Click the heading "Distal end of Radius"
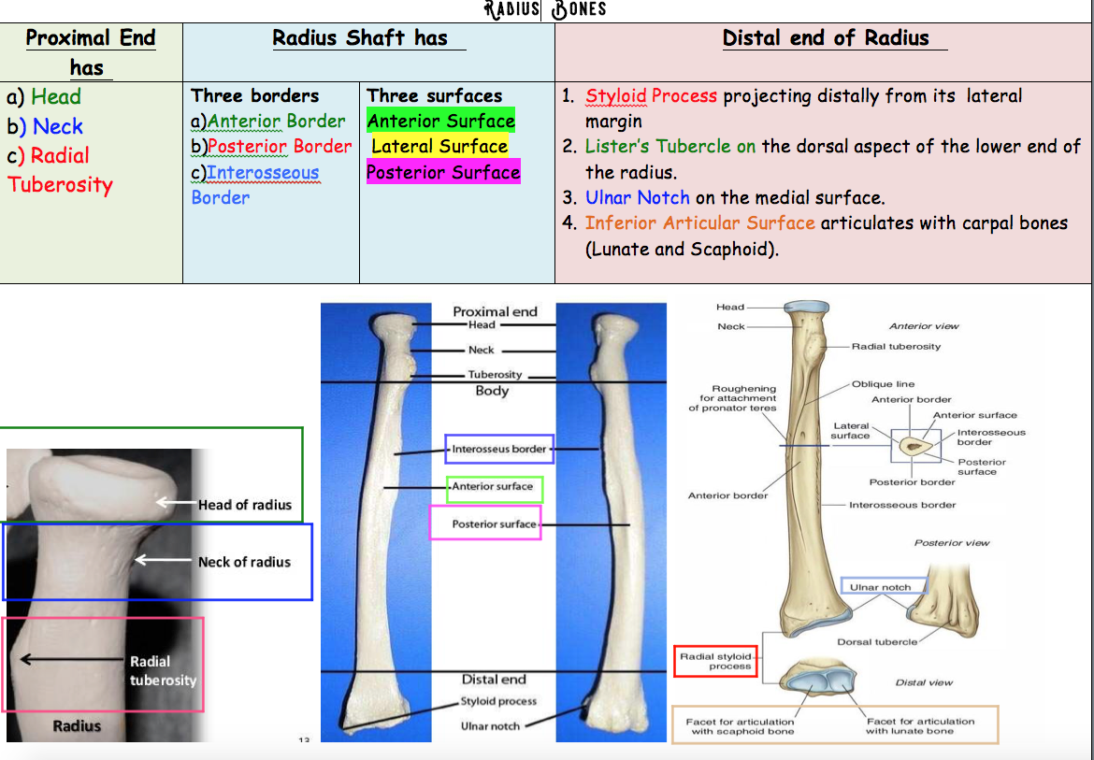[x=826, y=38]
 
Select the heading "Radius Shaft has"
[x=360, y=38]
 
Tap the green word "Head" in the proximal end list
[x=56, y=96]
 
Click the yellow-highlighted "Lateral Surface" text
[x=439, y=147]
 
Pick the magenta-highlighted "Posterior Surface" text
[x=443, y=173]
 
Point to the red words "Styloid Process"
[x=651, y=96]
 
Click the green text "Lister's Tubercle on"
[x=670, y=147]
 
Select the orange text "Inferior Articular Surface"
[x=700, y=223]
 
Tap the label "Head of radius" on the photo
[x=245, y=505]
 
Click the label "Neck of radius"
[x=244, y=562]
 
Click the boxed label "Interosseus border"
[x=499, y=450]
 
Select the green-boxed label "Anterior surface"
[x=493, y=487]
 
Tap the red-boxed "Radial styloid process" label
[x=715, y=661]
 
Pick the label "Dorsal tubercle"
[x=876, y=641]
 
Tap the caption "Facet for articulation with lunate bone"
[x=920, y=725]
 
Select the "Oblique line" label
[x=884, y=384]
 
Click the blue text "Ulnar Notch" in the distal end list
[x=637, y=198]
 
